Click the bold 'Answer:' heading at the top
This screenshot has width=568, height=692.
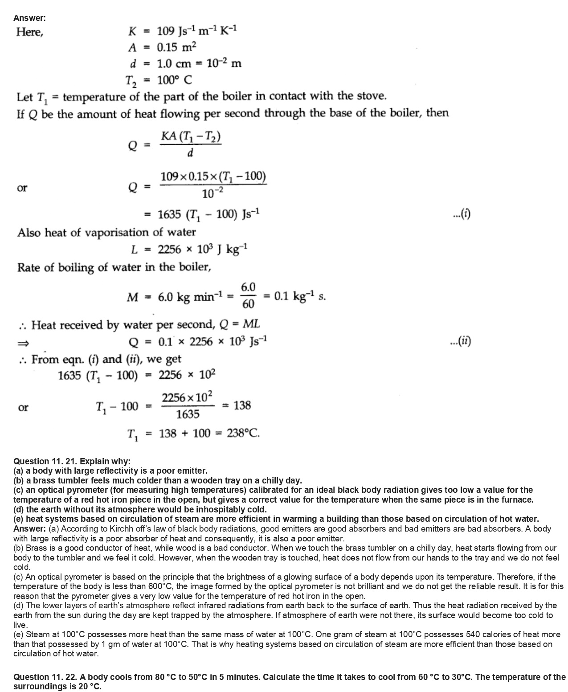point(29,18)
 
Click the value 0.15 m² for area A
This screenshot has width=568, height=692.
point(176,47)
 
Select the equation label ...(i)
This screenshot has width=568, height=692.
point(461,214)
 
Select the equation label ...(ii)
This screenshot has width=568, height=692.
point(461,341)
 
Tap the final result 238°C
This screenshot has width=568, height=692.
point(243,433)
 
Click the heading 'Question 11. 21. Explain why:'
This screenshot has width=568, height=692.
point(72,461)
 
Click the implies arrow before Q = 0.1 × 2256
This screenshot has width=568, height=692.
point(23,343)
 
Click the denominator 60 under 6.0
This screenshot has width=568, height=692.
point(248,304)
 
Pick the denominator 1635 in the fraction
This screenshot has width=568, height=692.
point(188,414)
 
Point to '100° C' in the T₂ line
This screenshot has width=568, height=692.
point(175,80)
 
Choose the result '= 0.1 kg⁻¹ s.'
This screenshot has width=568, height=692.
point(294,296)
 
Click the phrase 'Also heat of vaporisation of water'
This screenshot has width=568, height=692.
point(106,233)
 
